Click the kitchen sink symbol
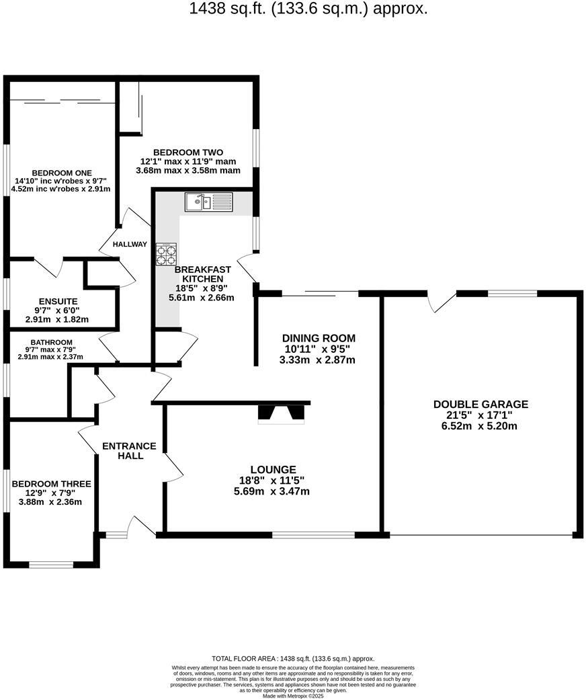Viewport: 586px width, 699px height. tap(208, 201)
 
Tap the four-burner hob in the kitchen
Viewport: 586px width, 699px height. tap(167, 254)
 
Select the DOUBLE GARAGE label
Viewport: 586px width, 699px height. tap(480, 404)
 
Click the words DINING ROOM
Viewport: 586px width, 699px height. tap(319, 338)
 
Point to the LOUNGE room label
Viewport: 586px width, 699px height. tap(274, 469)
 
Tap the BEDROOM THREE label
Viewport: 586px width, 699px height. tap(51, 483)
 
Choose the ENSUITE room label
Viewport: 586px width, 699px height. tap(58, 302)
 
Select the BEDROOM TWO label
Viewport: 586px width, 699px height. tap(188, 152)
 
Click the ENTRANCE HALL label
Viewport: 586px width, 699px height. tap(129, 451)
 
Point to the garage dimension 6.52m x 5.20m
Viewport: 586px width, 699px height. tap(480, 425)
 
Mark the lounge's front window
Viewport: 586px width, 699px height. tap(313, 535)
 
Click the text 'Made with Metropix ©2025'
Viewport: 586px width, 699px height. tap(293, 696)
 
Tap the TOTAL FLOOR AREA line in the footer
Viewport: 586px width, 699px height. tap(293, 659)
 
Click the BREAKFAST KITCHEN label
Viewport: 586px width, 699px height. tap(199, 274)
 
